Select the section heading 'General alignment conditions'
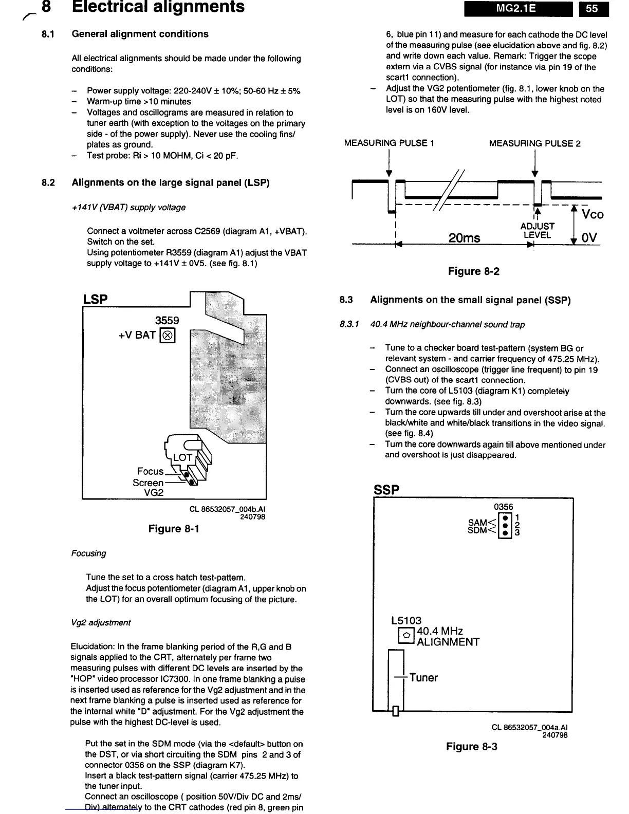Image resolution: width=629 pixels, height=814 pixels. [140, 34]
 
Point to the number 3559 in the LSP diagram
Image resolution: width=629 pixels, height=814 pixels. [167, 321]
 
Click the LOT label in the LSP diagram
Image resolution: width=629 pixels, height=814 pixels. [182, 457]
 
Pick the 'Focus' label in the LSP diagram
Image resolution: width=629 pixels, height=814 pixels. [150, 471]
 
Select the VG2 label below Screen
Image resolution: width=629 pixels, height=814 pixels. [154, 492]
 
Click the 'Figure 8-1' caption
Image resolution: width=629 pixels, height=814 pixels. [174, 529]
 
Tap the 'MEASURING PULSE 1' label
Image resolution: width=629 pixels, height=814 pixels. [389, 143]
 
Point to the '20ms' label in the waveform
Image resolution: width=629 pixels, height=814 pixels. [464, 238]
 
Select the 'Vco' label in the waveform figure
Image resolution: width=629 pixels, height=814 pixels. [593, 214]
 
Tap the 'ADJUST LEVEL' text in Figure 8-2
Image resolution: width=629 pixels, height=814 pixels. [538, 231]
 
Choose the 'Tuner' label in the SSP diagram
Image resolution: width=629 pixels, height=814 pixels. [423, 678]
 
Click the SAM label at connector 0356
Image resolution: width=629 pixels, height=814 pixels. [477, 523]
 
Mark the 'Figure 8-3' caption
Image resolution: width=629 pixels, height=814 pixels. [472, 747]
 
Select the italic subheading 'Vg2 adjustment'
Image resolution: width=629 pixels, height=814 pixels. [101, 623]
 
